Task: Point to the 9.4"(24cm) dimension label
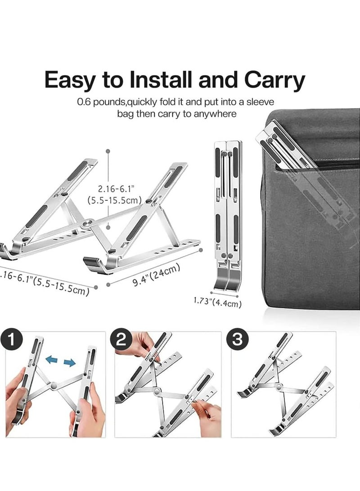coord(157,275)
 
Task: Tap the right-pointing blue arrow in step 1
coord(69,362)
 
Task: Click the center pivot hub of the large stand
coord(87,222)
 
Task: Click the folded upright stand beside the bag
coord(228,212)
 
